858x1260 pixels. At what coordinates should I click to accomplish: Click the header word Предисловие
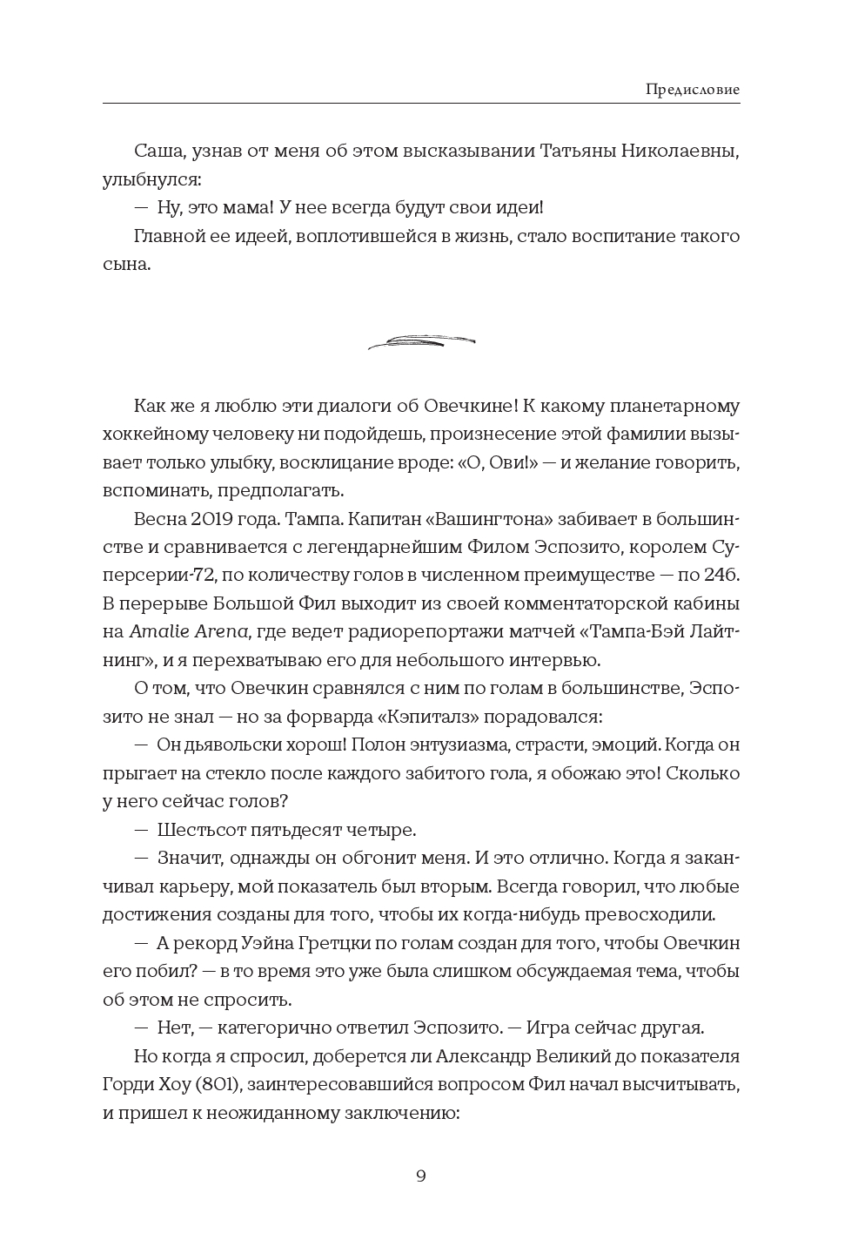pyautogui.click(x=693, y=89)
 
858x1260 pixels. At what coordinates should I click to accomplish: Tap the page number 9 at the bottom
pyautogui.click(x=421, y=1176)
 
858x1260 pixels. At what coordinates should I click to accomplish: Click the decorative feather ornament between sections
pyautogui.click(x=421, y=342)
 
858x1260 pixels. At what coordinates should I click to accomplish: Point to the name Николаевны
pyautogui.click(x=675, y=152)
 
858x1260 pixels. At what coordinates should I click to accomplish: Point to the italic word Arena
pyautogui.click(x=219, y=632)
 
